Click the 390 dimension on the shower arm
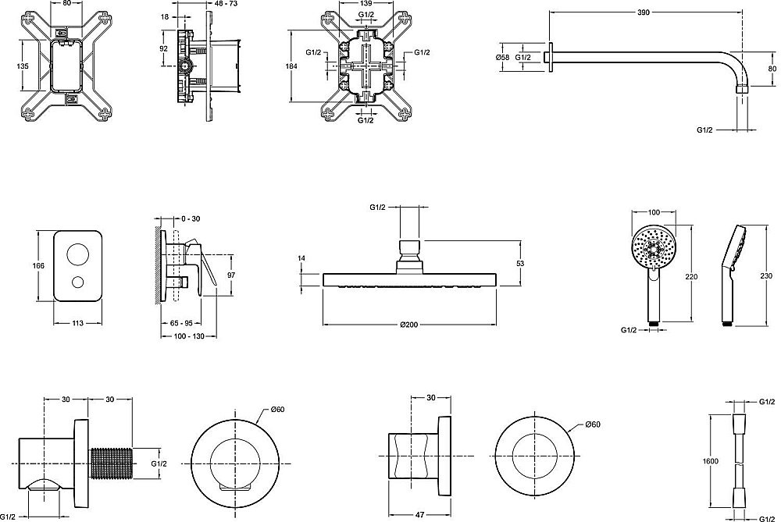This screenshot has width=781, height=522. tap(644, 12)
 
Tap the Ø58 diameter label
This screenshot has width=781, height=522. tap(502, 57)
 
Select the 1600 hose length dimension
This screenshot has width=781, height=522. tap(711, 461)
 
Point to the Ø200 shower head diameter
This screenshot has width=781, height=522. tap(409, 325)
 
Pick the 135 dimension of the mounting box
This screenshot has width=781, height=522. tap(23, 66)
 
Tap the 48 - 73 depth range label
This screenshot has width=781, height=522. tap(226, 3)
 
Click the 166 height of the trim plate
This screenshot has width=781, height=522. tap(37, 266)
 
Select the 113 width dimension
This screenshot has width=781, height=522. tap(77, 324)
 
